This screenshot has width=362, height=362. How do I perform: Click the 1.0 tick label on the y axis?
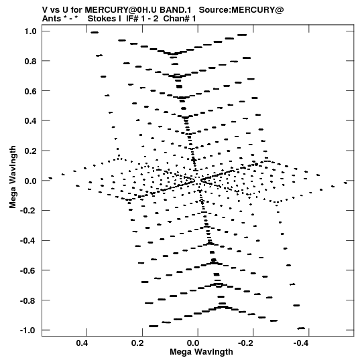tap(31, 31)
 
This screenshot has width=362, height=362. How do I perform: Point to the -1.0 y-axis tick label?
tap(28, 331)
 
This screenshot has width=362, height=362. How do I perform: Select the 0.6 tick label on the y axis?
tap(31, 91)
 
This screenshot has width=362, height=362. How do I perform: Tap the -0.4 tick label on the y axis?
tap(28, 241)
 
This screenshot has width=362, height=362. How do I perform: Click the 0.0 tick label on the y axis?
tap(31, 181)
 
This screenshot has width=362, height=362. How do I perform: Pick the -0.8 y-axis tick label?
tap(28, 300)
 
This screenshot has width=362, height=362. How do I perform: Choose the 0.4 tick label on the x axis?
tap(82, 343)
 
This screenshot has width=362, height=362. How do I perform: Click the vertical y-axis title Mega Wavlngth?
tap(13, 177)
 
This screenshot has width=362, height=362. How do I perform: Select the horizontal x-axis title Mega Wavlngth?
tap(201, 352)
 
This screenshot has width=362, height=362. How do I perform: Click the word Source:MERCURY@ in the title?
tap(241, 10)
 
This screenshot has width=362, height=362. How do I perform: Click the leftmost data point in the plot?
tap(50, 178)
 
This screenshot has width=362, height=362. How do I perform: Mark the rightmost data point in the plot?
tap(345, 183)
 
